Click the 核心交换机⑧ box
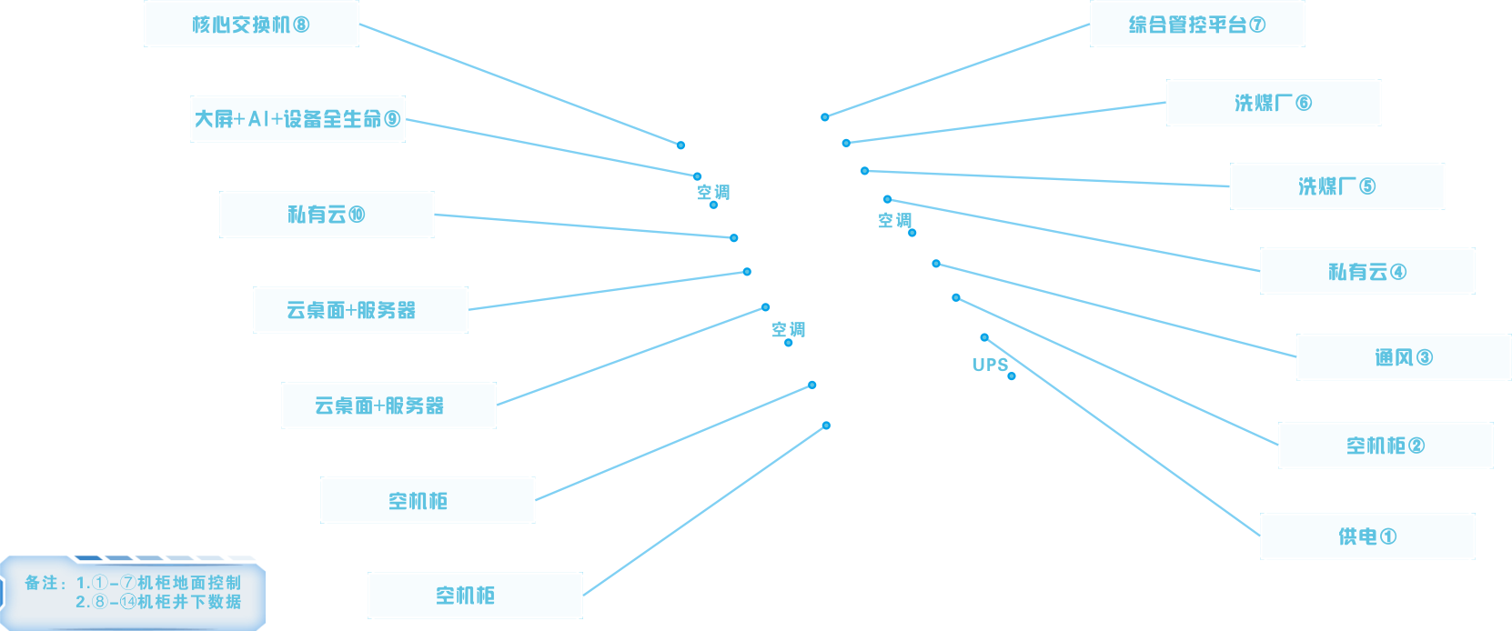[x=251, y=25]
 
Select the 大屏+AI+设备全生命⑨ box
[x=297, y=119]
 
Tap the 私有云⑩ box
[x=327, y=215]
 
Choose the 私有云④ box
[x=1366, y=271]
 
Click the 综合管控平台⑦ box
[x=1196, y=25]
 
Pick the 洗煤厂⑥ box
[x=1273, y=103]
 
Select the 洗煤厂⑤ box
[x=1336, y=186]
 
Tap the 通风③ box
[x=1403, y=357]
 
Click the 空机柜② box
[x=1385, y=446]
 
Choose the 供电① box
[x=1366, y=536]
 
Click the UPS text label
[x=990, y=365]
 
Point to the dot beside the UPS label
[x=1012, y=376]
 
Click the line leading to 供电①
[x=1128, y=439]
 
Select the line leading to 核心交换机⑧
[x=519, y=84]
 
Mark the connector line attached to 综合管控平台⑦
[x=955, y=71]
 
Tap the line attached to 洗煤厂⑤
[x=1046, y=178]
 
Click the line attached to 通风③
[x=1114, y=309]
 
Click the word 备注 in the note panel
[x=42, y=583]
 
